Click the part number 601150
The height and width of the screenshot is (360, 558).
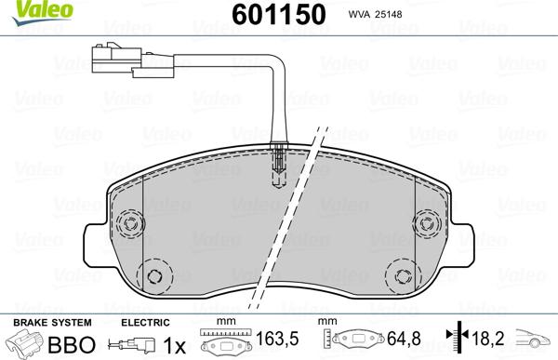pos(279,14)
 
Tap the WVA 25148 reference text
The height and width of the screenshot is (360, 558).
pos(375,14)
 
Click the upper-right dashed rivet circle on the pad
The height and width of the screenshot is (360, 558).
pos(427,224)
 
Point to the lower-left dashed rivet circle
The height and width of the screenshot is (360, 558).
pos(154,276)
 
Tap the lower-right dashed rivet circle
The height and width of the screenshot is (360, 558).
pos(403,276)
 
